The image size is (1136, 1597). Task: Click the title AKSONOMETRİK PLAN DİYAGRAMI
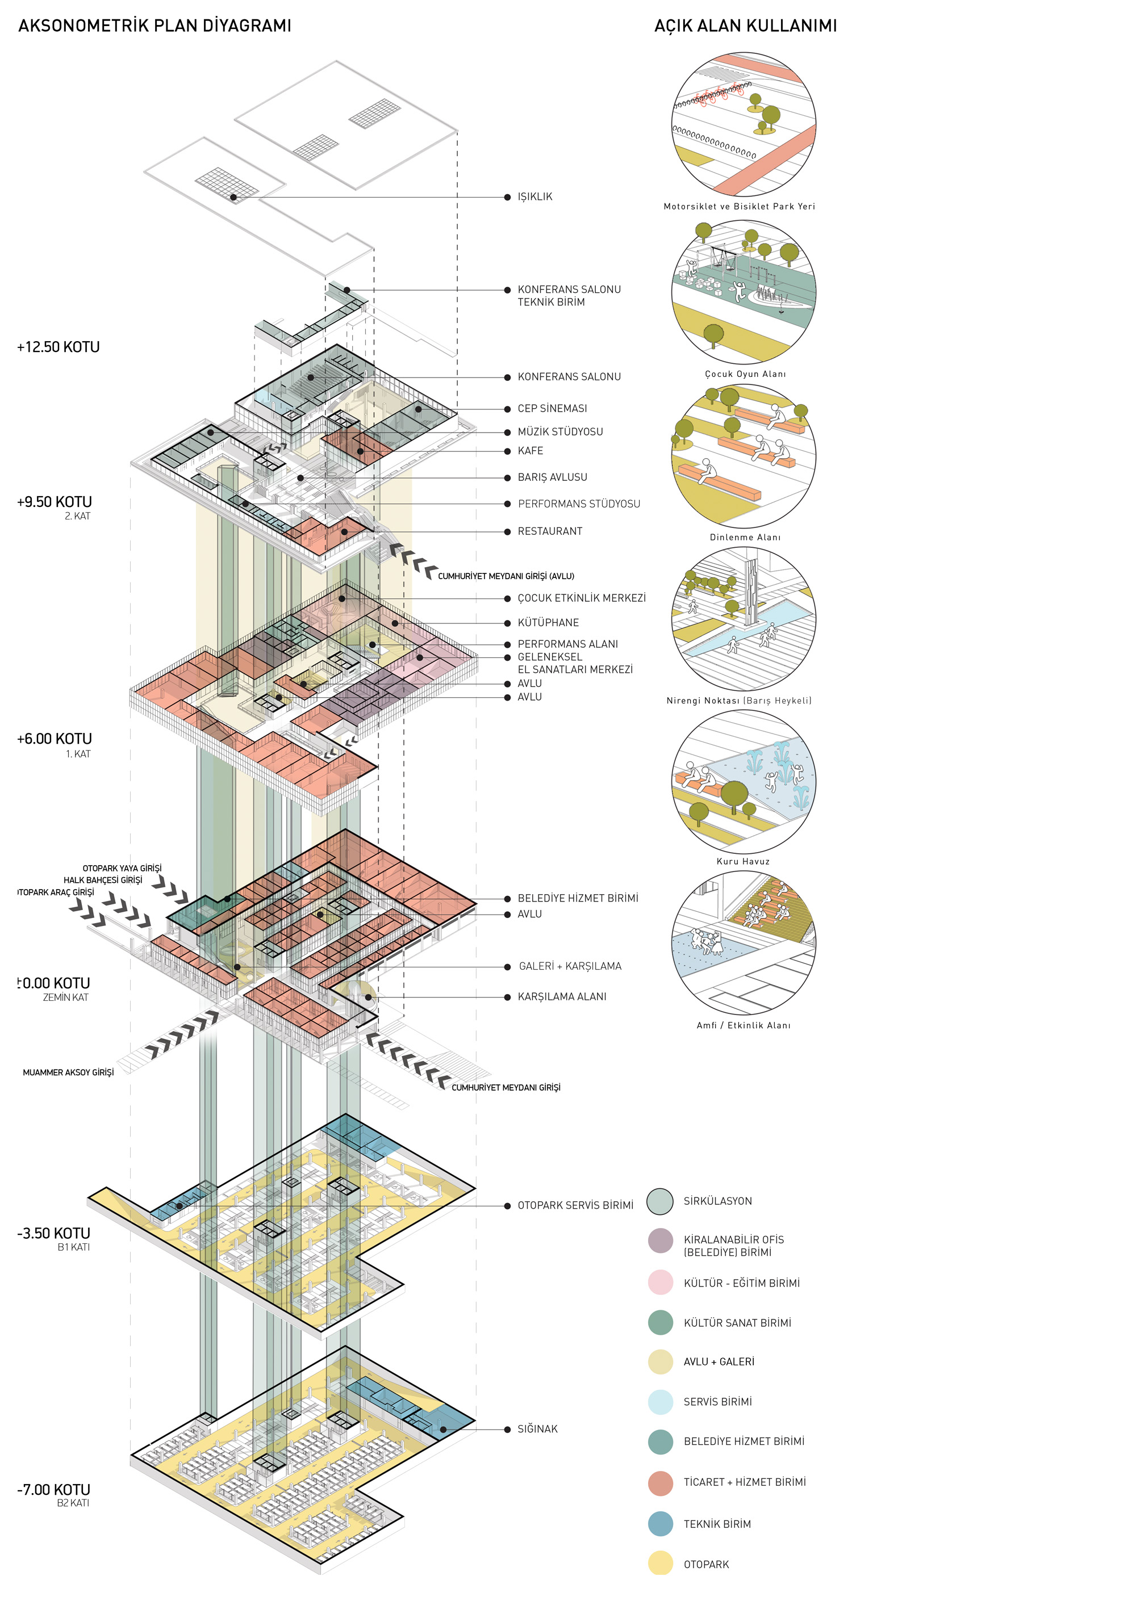(x=154, y=26)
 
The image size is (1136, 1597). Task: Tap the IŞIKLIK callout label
(x=534, y=197)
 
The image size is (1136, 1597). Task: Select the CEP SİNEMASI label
(x=552, y=408)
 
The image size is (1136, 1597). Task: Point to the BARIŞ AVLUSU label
(x=552, y=477)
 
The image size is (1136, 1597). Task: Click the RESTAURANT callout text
(x=549, y=531)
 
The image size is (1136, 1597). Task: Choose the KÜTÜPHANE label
(x=548, y=623)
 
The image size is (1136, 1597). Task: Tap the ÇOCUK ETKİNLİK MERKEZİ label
(x=581, y=598)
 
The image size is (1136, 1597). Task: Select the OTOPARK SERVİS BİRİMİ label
(x=575, y=1205)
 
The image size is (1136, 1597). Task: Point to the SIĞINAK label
(x=537, y=1429)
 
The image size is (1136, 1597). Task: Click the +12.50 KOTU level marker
(x=58, y=347)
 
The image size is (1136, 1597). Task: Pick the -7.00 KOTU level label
(x=54, y=1490)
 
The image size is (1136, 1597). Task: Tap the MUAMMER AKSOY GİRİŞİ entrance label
(x=68, y=1072)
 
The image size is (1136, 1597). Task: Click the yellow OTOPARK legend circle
(x=661, y=1564)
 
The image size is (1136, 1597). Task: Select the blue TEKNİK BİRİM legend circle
(x=661, y=1524)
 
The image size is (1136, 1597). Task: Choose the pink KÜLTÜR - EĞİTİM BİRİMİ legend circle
(x=661, y=1283)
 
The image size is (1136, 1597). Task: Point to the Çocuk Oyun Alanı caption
(x=745, y=375)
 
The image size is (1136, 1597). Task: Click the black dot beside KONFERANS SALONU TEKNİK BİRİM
(x=507, y=290)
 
